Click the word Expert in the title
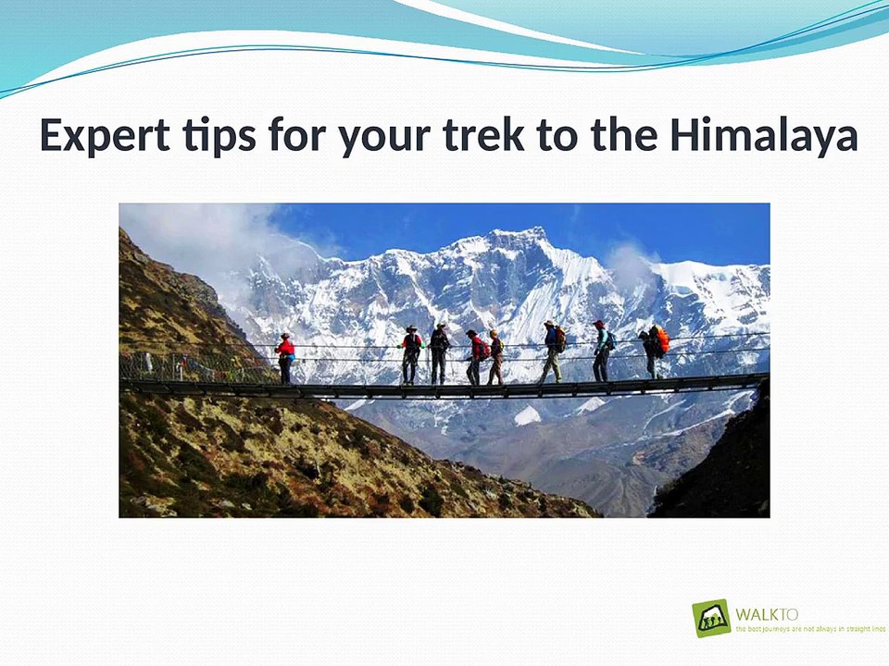click(105, 137)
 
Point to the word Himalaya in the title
click(764, 137)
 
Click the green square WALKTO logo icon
click(711, 618)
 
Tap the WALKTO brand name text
click(767, 613)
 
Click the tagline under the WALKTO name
click(809, 629)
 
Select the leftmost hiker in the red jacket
click(286, 358)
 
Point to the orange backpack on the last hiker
click(661, 340)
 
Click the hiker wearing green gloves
click(410, 354)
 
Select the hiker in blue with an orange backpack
click(552, 351)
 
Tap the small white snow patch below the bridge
click(527, 415)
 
